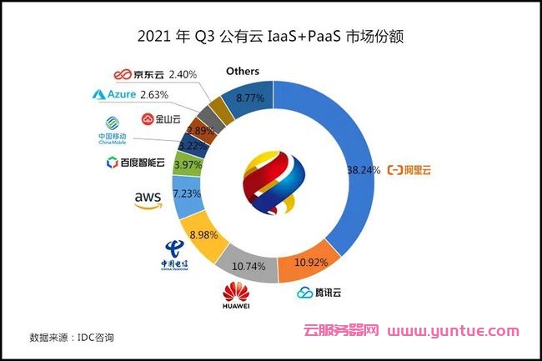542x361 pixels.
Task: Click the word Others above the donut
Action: tap(243, 72)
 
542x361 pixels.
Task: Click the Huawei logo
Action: tap(236, 296)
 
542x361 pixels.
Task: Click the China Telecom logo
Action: tap(176, 254)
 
